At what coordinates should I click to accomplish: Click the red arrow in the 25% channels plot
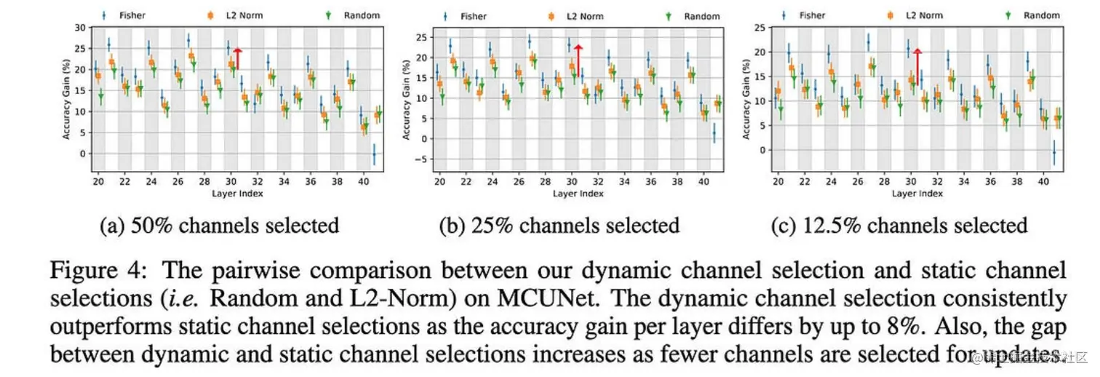coord(578,57)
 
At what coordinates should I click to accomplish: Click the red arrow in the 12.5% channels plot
coord(917,61)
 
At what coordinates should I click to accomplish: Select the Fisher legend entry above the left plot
coord(124,14)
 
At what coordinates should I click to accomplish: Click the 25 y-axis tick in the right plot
coord(760,28)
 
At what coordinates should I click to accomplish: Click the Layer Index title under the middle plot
coord(578,194)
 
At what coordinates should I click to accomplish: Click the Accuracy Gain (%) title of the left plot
coord(66,99)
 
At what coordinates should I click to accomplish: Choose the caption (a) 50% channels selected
coord(219,225)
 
